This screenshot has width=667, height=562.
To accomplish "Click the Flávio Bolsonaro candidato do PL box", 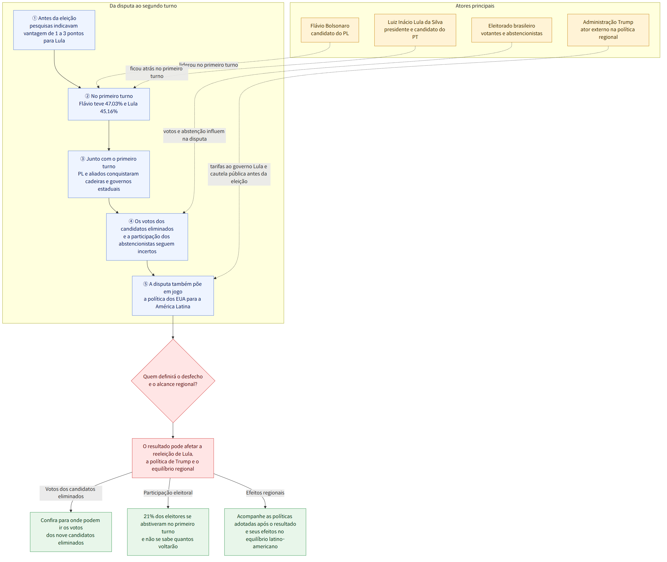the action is [330, 30].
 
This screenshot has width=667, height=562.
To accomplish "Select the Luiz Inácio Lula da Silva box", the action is [415, 30].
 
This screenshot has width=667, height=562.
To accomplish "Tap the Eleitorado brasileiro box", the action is [512, 30].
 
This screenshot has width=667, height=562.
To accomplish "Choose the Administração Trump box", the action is [608, 30].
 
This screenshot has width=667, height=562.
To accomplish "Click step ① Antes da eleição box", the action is [54, 30].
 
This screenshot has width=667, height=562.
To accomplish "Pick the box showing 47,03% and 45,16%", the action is [109, 104].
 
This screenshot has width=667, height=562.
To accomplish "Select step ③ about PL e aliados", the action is [109, 174].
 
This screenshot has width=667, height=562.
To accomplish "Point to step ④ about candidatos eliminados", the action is [147, 237].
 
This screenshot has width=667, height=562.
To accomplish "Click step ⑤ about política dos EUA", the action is [173, 296].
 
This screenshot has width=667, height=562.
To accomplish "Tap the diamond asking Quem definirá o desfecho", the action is [173, 381].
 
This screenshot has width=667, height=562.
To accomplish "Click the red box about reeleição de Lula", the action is [173, 458].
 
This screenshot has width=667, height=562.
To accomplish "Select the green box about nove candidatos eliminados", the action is [71, 532].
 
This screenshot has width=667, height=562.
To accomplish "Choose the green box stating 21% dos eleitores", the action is [168, 532].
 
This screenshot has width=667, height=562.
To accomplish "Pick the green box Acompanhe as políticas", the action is [265, 532].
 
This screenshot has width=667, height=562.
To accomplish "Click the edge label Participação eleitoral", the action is [168, 493].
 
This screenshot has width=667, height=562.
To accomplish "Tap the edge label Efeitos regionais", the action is [265, 493].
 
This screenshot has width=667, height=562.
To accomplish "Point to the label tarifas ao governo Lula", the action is [239, 174].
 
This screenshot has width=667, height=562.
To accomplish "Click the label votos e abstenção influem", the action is [194, 135].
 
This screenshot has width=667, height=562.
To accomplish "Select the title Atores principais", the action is [475, 6].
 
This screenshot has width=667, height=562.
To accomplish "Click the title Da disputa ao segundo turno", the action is [143, 6].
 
